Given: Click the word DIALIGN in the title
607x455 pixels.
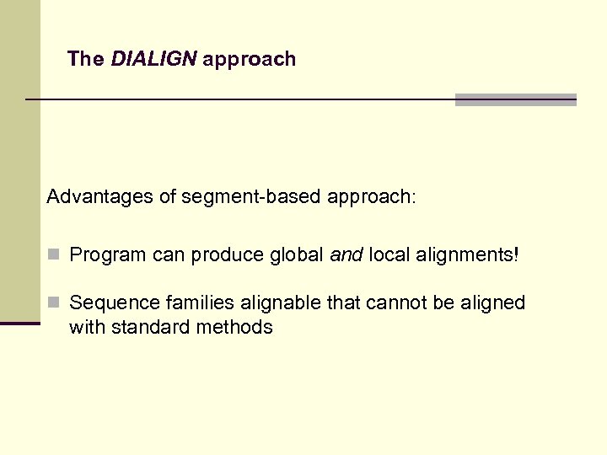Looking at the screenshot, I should point(153,59).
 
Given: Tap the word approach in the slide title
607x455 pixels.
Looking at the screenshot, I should point(250,60).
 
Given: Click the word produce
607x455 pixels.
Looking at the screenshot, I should point(225,255).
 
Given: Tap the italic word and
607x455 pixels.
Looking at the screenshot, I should point(346,255).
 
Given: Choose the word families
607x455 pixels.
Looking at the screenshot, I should point(191,302).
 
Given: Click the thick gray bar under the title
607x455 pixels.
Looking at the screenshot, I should point(515,99).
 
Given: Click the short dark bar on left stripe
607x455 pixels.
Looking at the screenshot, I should point(20,323).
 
